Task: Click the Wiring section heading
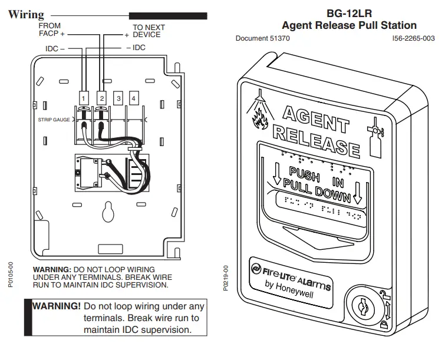[26, 15]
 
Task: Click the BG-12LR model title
[349, 12]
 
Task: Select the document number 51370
[262, 38]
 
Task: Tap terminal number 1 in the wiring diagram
[84, 97]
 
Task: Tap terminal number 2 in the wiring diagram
[101, 97]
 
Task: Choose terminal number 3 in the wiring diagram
[118, 97]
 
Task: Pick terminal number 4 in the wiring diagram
[134, 97]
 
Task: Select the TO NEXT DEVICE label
[148, 31]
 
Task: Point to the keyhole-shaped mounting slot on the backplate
[108, 210]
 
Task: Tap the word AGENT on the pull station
[315, 118]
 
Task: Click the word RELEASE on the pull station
[315, 140]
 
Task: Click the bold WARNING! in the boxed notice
[57, 306]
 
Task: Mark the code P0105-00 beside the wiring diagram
[11, 275]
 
